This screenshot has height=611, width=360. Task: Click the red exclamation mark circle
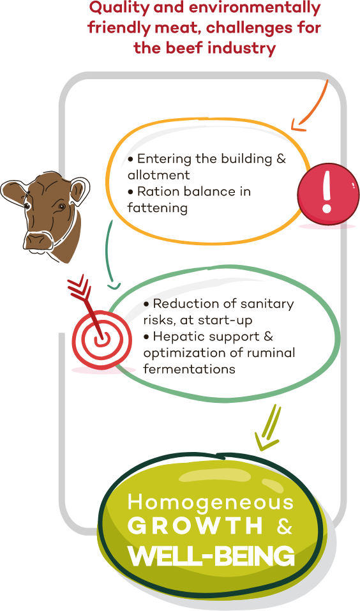point(328,193)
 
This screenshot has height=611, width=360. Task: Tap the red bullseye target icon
point(101,339)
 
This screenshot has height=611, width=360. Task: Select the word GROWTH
point(195,527)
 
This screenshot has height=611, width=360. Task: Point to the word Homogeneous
point(211,502)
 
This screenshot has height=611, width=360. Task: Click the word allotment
point(158,175)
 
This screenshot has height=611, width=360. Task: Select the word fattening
point(158,208)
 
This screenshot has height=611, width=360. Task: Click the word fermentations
point(189,368)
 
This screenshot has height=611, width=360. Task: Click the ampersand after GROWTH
point(285,527)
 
